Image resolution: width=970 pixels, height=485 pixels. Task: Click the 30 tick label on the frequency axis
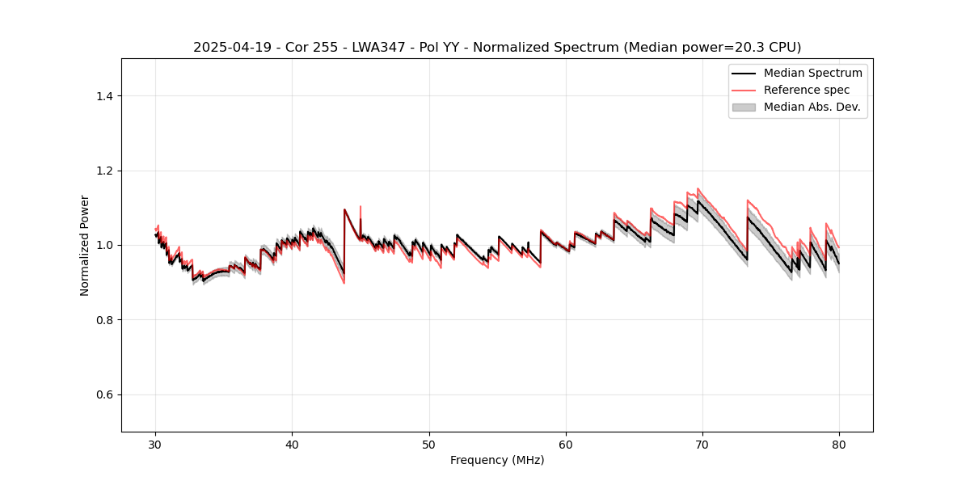point(155,444)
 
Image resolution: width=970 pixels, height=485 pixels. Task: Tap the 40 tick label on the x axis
point(292,444)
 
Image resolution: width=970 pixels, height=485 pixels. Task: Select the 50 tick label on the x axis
point(429,444)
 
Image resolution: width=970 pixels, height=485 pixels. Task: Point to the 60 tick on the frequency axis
point(566,444)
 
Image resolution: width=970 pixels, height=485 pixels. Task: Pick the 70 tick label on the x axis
point(702,444)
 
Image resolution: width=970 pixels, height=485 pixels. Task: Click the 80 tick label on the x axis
point(839,444)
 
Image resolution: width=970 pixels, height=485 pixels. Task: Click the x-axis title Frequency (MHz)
point(497,460)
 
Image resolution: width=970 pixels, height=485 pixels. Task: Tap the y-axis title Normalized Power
point(85,245)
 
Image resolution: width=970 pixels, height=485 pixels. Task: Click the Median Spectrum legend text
point(812,73)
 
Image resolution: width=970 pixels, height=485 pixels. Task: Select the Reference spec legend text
point(807,90)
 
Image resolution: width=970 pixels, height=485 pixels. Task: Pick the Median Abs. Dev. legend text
point(812,107)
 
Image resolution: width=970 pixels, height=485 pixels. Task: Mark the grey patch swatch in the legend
point(744,107)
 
